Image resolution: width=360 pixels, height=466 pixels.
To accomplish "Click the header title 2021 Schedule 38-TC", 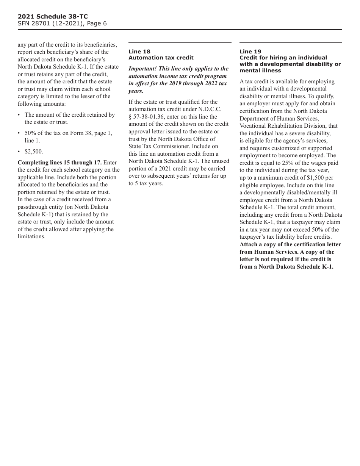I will tap(53, 17).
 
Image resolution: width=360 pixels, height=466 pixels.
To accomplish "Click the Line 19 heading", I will tap(250, 52).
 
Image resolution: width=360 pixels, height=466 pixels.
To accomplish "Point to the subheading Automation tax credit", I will tap(161, 58).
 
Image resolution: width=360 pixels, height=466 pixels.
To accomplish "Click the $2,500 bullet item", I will tap(34, 152).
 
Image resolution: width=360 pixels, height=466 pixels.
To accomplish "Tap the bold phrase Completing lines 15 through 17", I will tap(59, 163).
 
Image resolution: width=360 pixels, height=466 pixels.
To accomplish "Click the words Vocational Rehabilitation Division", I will tap(288, 126).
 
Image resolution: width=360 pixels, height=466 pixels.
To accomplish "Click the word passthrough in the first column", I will tap(34, 207).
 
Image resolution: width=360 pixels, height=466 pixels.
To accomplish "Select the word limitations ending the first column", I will tap(31, 236).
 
